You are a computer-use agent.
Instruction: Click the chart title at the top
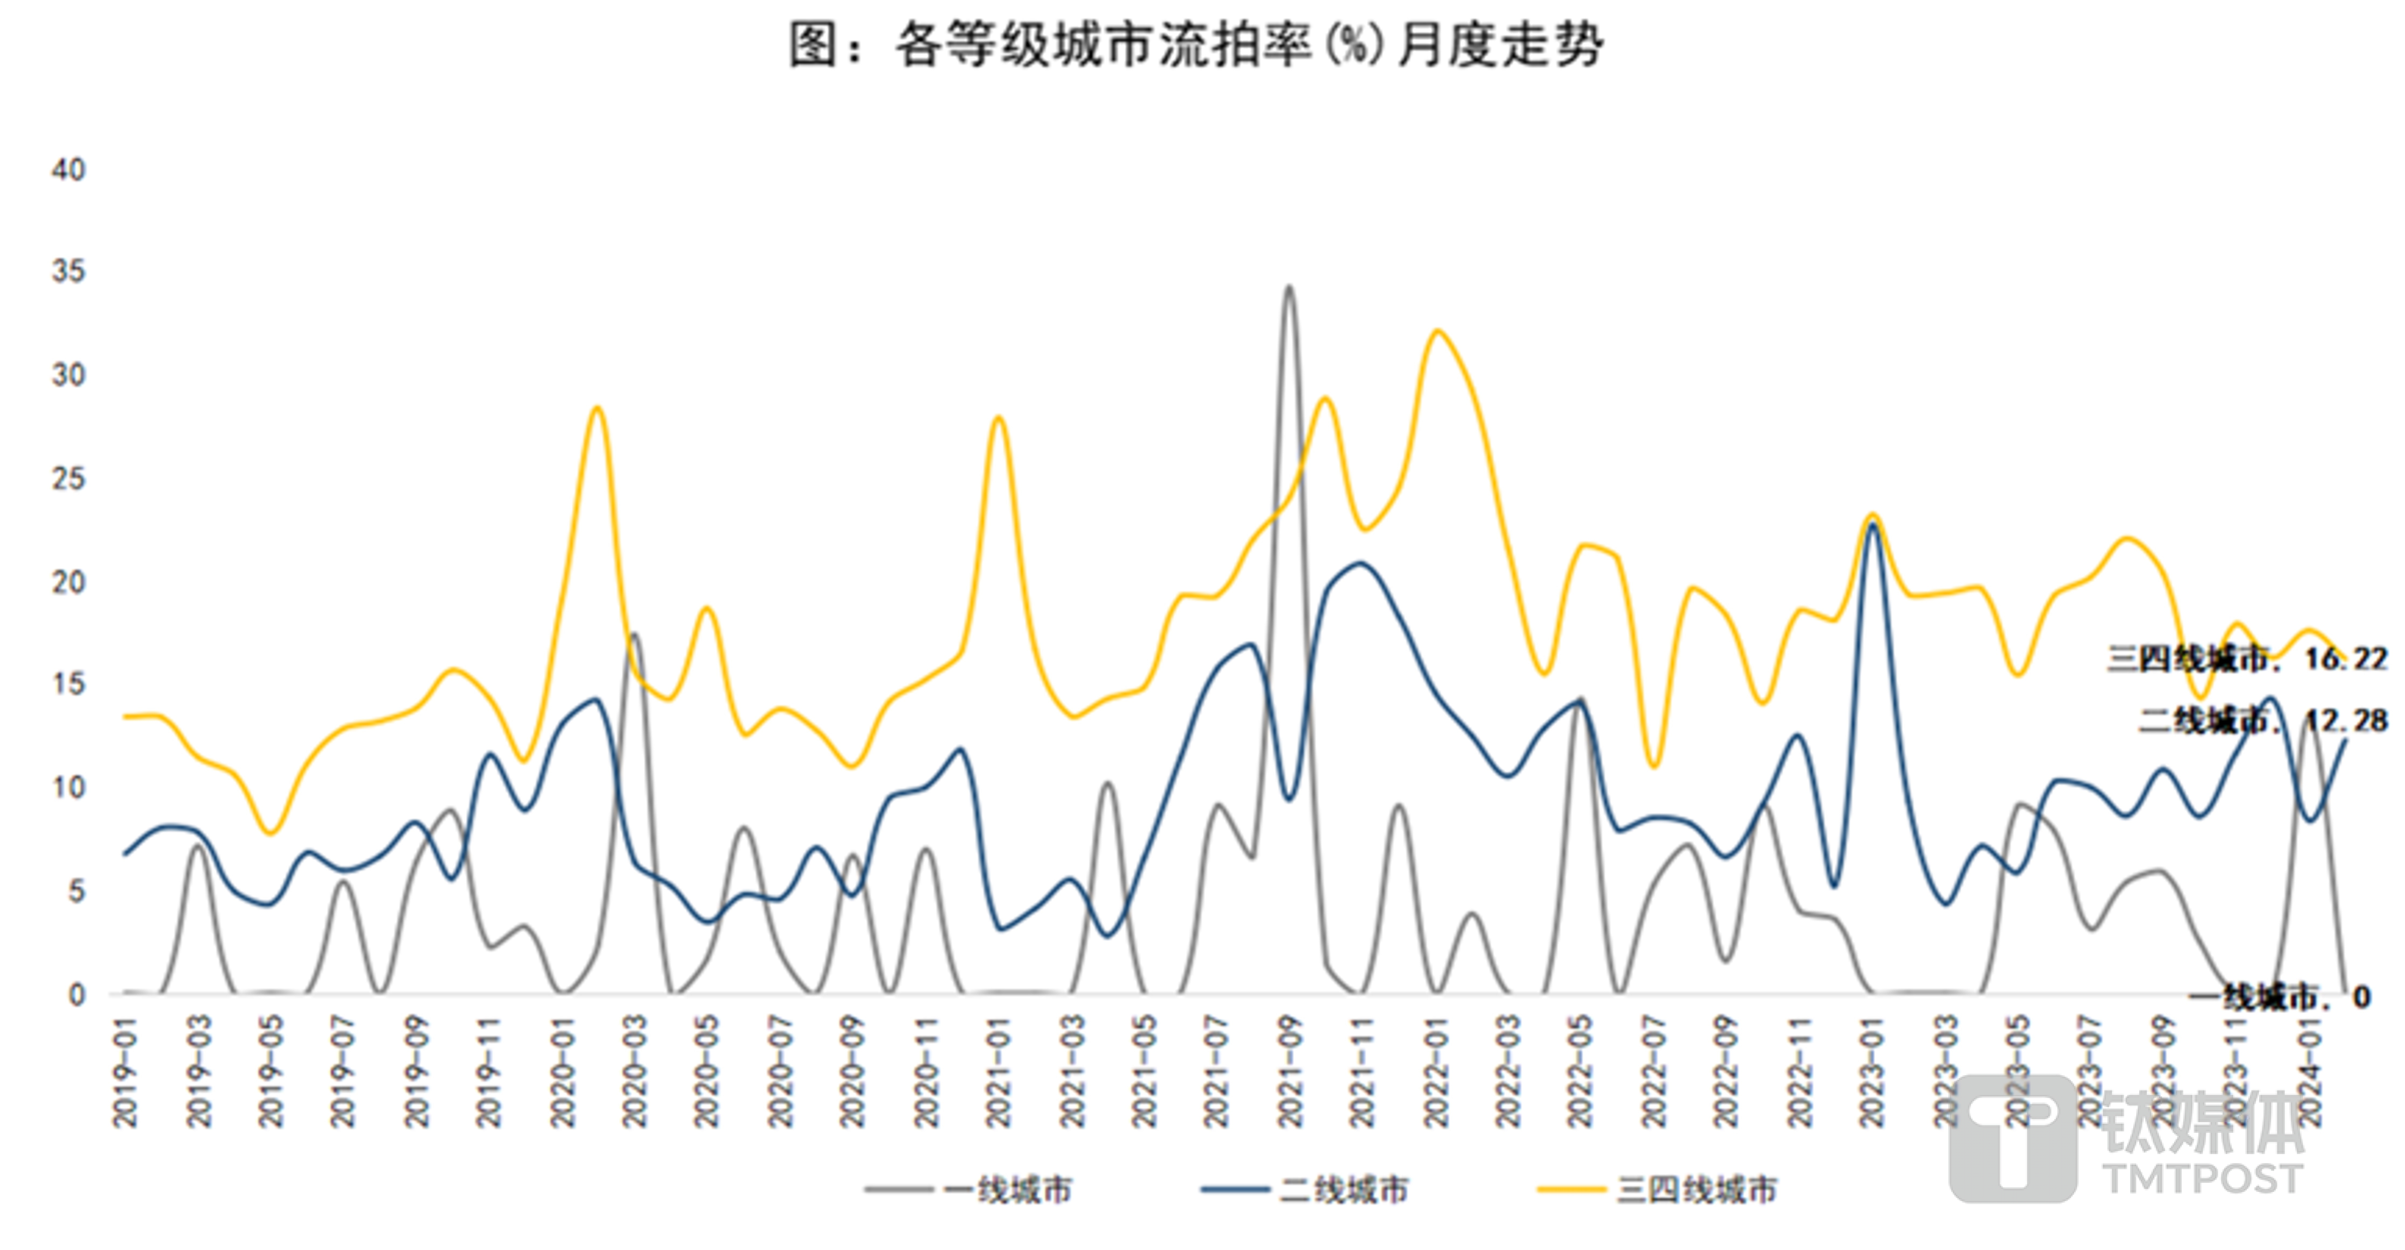[1197, 45]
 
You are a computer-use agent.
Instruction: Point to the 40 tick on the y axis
[68, 170]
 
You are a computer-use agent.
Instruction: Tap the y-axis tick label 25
[68, 479]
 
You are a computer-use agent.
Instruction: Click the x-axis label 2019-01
[125, 1072]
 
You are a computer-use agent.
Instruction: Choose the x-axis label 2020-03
[635, 1072]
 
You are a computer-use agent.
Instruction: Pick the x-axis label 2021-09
[1290, 1072]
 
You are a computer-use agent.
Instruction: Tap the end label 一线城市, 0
[2278, 997]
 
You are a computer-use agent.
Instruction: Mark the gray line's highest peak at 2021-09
[1289, 287]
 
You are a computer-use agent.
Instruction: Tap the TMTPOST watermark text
[2203, 1178]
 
